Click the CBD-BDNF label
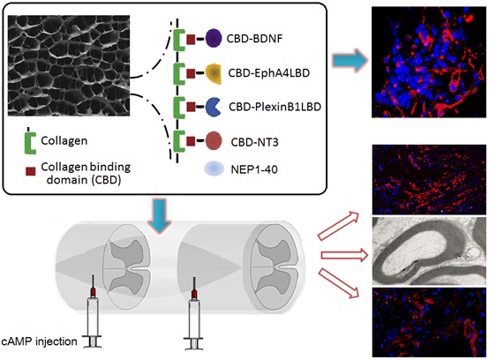254,39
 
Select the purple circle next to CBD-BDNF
214,38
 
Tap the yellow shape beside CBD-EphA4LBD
214,73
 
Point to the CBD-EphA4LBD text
269,73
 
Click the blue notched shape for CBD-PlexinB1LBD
213,107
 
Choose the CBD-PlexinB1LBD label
275,107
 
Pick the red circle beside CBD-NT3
214,140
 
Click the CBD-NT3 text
254,142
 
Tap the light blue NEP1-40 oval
214,169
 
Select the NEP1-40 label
254,169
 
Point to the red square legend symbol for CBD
30,171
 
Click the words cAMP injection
39,341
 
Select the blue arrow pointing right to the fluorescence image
350,61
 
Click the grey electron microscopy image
429,251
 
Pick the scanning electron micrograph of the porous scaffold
69,65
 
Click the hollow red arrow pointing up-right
338,225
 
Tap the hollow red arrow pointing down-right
339,283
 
